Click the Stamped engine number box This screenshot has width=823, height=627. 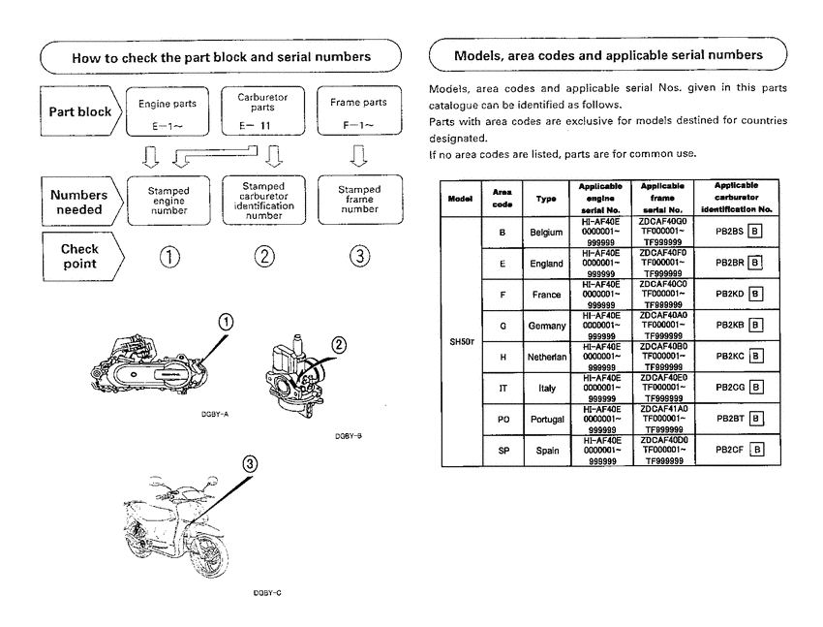(x=168, y=200)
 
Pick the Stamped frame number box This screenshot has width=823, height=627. (x=359, y=200)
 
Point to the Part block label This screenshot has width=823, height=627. (x=81, y=111)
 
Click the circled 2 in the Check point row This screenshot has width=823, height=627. (x=263, y=257)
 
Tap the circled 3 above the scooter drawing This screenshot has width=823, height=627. (x=252, y=465)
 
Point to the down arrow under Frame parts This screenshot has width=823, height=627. (x=359, y=155)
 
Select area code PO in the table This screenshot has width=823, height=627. (x=503, y=420)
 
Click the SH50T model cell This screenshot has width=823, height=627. (x=460, y=341)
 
